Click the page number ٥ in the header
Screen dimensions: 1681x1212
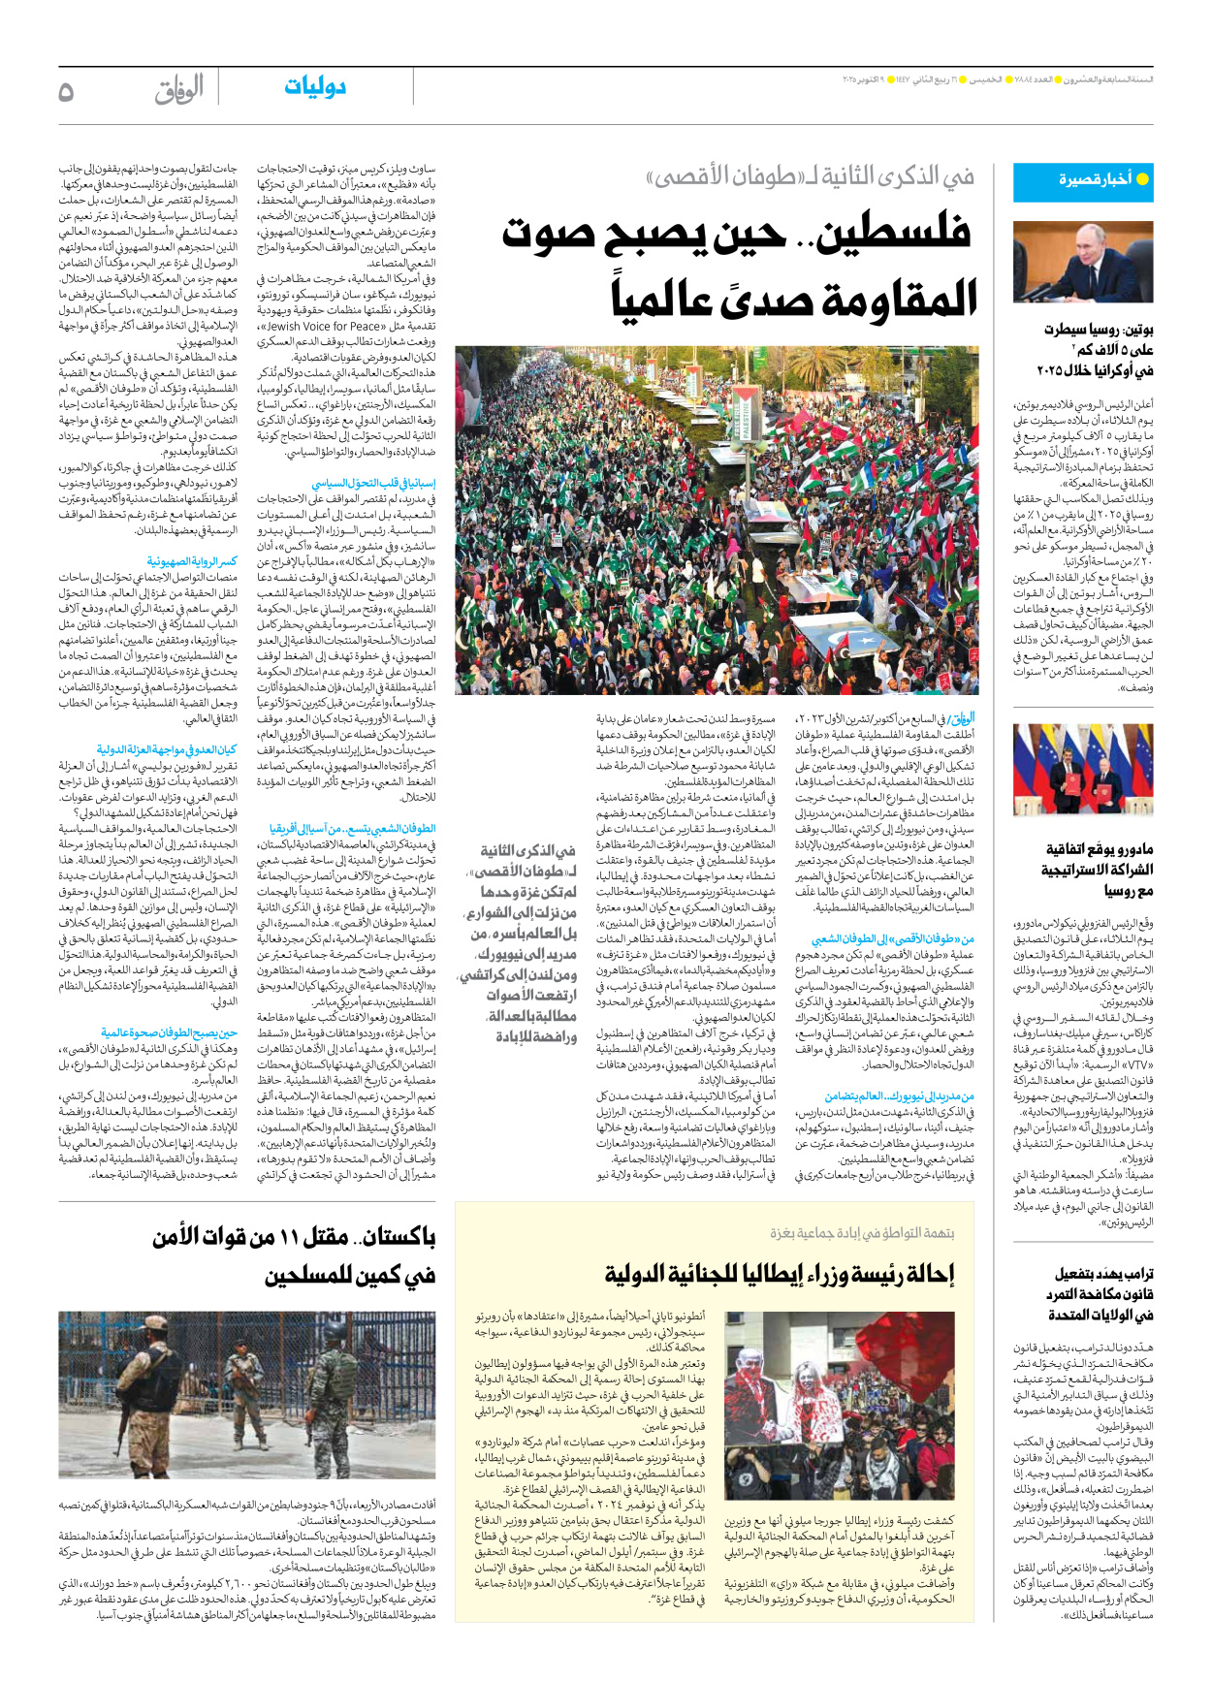66,91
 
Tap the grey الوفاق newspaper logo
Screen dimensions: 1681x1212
179,90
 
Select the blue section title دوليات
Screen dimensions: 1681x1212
315,87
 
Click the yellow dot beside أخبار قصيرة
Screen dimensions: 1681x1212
1142,179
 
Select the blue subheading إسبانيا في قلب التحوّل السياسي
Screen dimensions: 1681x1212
373,482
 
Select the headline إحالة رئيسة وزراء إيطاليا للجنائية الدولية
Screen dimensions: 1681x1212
780,1274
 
